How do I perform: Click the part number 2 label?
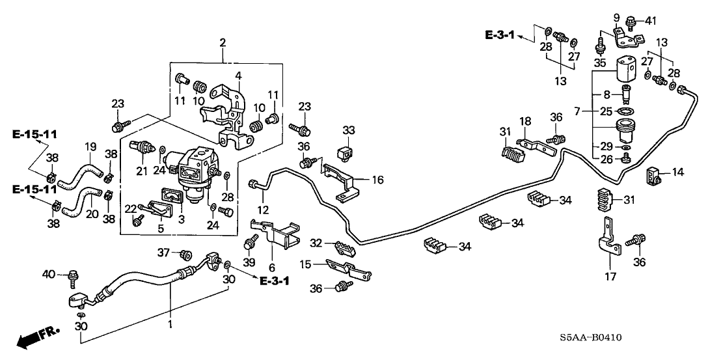point(223,44)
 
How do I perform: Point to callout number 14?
point(678,173)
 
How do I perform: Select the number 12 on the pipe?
point(263,209)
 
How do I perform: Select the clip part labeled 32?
point(343,248)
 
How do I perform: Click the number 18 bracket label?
point(525,122)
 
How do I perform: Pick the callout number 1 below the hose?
point(171,324)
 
